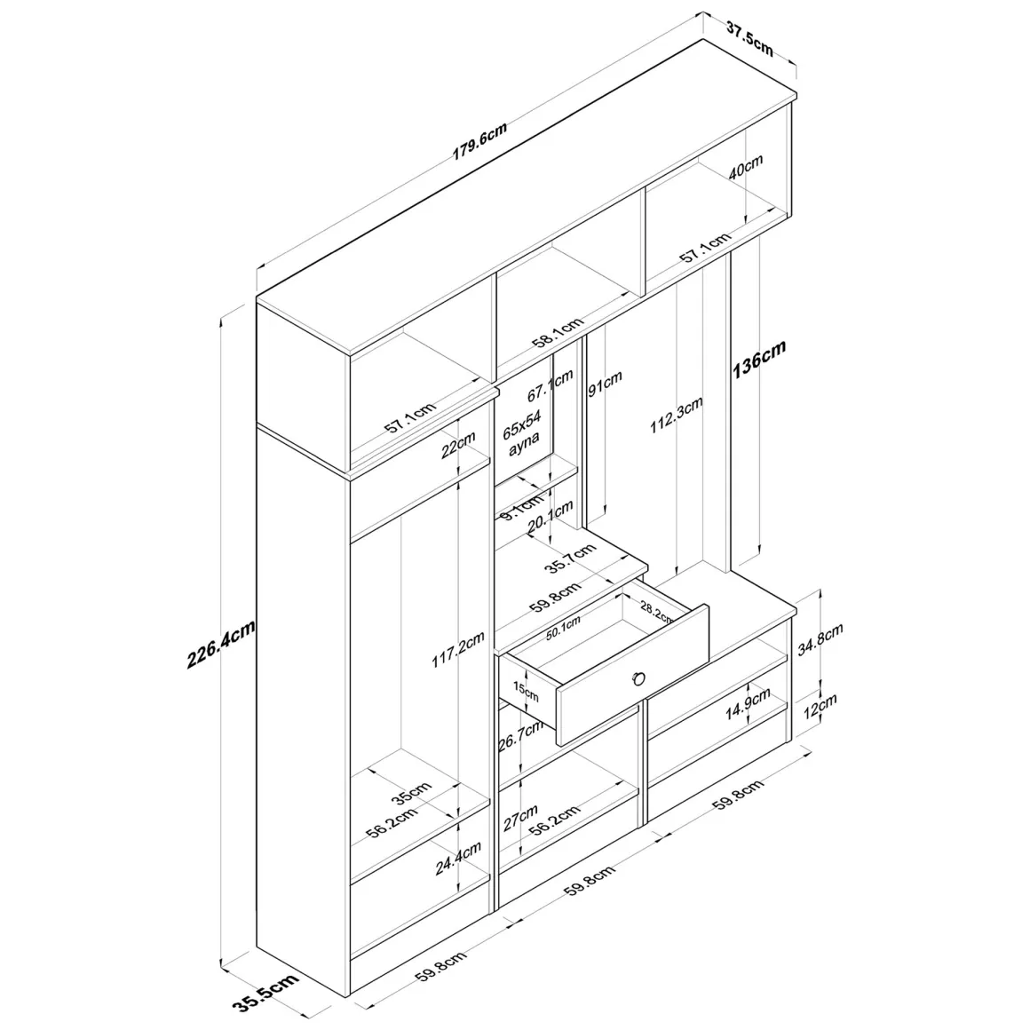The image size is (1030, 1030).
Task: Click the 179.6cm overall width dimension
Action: (479, 141)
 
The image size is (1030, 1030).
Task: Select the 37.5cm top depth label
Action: (750, 39)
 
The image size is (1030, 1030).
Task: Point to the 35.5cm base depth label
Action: (265, 993)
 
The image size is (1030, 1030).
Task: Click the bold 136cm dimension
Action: (758, 360)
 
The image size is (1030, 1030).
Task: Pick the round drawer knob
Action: (638, 678)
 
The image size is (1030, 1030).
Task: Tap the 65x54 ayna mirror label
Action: (522, 433)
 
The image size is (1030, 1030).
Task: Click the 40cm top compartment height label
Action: (746, 168)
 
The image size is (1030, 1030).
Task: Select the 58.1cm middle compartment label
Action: (558, 332)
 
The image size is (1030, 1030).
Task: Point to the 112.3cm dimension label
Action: (677, 415)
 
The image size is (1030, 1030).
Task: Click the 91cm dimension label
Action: (605, 384)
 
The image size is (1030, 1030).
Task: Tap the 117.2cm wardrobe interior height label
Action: (458, 650)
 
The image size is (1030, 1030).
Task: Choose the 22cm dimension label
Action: (458, 446)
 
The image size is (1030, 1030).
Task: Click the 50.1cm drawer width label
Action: (563, 629)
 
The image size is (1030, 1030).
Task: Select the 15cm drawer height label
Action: (526, 692)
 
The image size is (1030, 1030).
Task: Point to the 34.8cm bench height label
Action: (820, 640)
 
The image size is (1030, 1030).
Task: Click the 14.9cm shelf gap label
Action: (748, 704)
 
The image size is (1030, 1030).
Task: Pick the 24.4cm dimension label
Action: (458, 858)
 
